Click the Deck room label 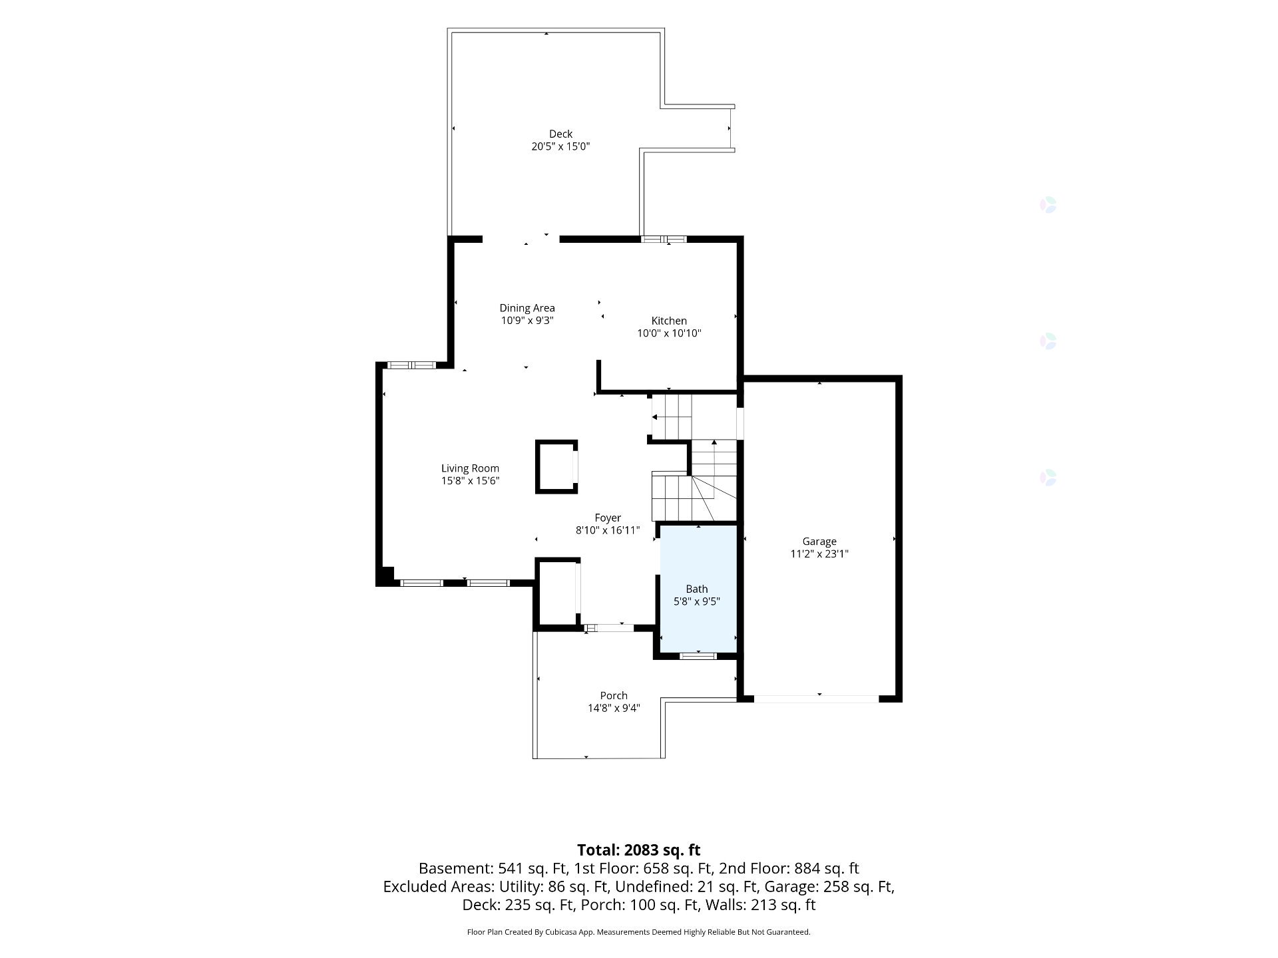(560, 134)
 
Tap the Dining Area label (527, 308)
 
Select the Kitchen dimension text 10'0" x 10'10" (669, 333)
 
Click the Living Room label (470, 468)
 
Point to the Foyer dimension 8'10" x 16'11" (608, 530)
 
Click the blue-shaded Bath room (698, 588)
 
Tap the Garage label (819, 542)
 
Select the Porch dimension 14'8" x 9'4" (614, 709)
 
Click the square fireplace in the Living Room (556, 466)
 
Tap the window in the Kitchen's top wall (664, 239)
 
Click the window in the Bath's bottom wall (698, 656)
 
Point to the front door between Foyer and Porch (609, 627)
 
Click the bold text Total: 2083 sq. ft (639, 850)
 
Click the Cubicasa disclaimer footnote (639, 932)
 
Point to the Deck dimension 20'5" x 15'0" (560, 146)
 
